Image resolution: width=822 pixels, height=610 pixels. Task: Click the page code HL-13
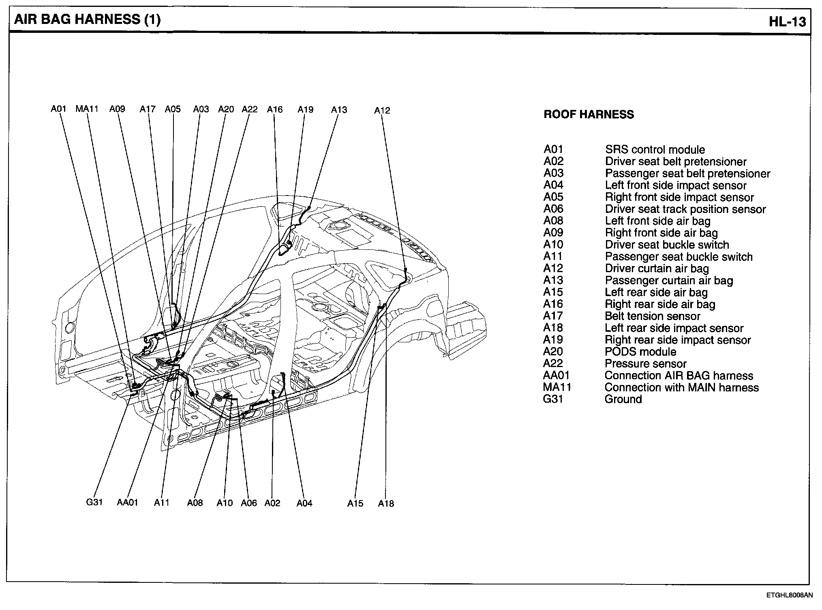(x=787, y=21)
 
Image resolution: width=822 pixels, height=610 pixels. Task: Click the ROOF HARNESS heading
(x=589, y=114)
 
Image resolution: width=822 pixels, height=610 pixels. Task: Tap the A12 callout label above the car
(x=382, y=110)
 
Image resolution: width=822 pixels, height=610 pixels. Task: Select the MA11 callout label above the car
(x=87, y=109)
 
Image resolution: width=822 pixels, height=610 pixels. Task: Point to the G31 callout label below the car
(x=94, y=502)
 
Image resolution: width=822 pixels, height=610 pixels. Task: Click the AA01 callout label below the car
(x=128, y=503)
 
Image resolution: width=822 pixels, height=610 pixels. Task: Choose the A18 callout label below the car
(x=386, y=503)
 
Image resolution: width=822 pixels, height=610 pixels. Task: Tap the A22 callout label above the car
(x=250, y=109)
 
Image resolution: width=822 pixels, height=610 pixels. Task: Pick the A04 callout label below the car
(x=304, y=503)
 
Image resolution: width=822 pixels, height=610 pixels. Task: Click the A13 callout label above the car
(x=339, y=110)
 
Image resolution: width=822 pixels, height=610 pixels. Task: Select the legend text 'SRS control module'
(x=655, y=150)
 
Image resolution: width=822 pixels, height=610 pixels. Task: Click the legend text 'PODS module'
(x=640, y=352)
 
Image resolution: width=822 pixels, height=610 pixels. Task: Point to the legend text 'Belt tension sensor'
(x=653, y=316)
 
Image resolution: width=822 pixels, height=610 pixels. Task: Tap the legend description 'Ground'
(x=623, y=399)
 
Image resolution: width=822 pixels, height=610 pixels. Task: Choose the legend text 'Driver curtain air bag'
(x=657, y=268)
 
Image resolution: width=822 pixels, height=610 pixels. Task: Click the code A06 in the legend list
(x=553, y=209)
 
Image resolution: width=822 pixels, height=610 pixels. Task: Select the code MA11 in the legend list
(x=557, y=387)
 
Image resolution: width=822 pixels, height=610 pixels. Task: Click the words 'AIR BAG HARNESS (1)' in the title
(x=87, y=19)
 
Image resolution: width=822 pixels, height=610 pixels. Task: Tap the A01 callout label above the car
(x=58, y=109)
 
